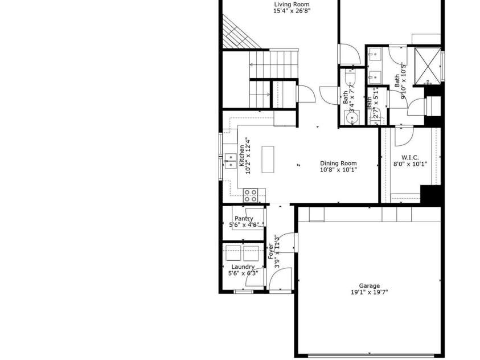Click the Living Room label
tap(292, 5)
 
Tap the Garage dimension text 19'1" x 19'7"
tap(369, 293)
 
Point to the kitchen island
tap(268, 159)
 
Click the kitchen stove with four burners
tap(251, 195)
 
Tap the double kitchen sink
tap(230, 161)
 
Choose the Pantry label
tap(244, 218)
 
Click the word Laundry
tap(243, 267)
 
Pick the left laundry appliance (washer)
tap(233, 253)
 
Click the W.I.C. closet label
tap(410, 157)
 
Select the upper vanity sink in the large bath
tap(374, 56)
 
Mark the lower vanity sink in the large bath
tap(374, 76)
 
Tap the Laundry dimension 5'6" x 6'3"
tap(243, 273)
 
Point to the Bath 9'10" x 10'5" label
tap(401, 80)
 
